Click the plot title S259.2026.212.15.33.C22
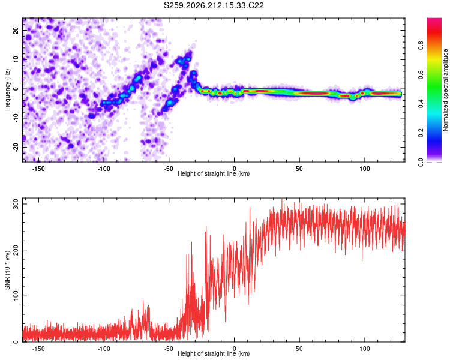(214, 5)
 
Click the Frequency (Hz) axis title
(7, 90)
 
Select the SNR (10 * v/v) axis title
(7, 270)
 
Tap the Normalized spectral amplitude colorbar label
(445, 90)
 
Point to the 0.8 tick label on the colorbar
(421, 46)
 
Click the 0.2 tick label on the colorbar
(421, 133)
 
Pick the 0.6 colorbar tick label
(421, 74)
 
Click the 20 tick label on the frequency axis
(16, 31)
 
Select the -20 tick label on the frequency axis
(16, 148)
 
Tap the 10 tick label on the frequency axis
(16, 60)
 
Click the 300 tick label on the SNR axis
(16, 204)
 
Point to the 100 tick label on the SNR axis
(16, 296)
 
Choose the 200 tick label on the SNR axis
(16, 250)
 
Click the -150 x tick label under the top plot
(38, 169)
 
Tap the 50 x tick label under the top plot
(299, 169)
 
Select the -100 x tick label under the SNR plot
(104, 349)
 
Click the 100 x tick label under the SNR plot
(364, 349)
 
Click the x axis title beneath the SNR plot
(214, 353)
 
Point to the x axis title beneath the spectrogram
(214, 173)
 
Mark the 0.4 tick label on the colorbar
(421, 104)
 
